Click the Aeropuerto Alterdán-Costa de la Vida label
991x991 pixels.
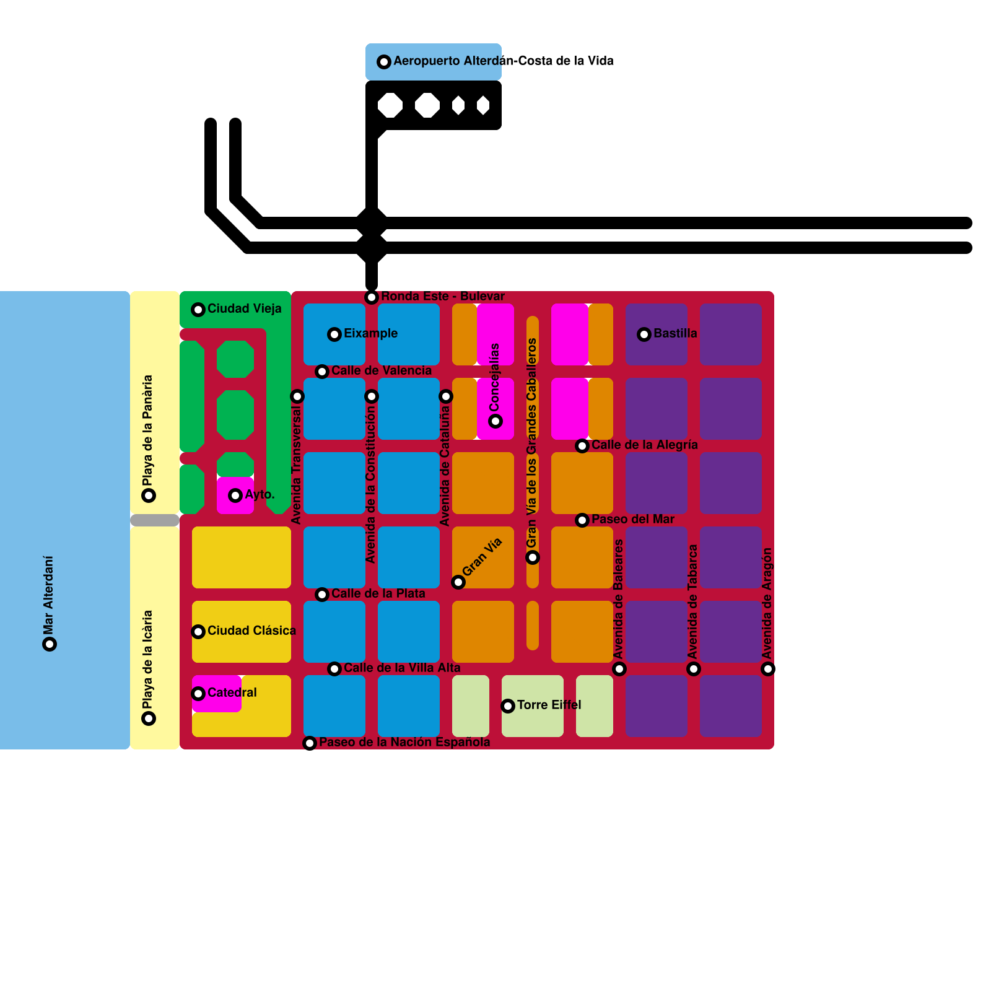[x=503, y=61]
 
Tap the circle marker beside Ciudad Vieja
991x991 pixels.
[x=198, y=310]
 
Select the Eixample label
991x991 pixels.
[x=370, y=333]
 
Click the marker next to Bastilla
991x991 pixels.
[x=644, y=334]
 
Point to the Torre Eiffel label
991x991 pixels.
[x=549, y=705]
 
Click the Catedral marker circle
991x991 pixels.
[x=198, y=694]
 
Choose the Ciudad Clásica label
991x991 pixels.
[x=251, y=631]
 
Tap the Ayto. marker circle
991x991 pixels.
[x=235, y=495]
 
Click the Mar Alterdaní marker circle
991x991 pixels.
[x=50, y=644]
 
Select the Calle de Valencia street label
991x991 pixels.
[x=381, y=370]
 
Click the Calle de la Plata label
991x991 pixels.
[x=378, y=593]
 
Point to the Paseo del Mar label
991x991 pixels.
[x=632, y=519]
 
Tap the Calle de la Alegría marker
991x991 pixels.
[x=582, y=446]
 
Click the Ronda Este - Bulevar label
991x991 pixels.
[x=442, y=296]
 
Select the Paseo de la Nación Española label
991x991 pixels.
[x=404, y=742]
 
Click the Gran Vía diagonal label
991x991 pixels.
[x=482, y=557]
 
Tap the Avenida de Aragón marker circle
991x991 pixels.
[x=768, y=669]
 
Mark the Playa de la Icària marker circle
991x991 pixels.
[x=149, y=718]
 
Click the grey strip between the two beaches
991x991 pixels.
[x=155, y=520]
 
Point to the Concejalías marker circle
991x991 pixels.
[x=495, y=421]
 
